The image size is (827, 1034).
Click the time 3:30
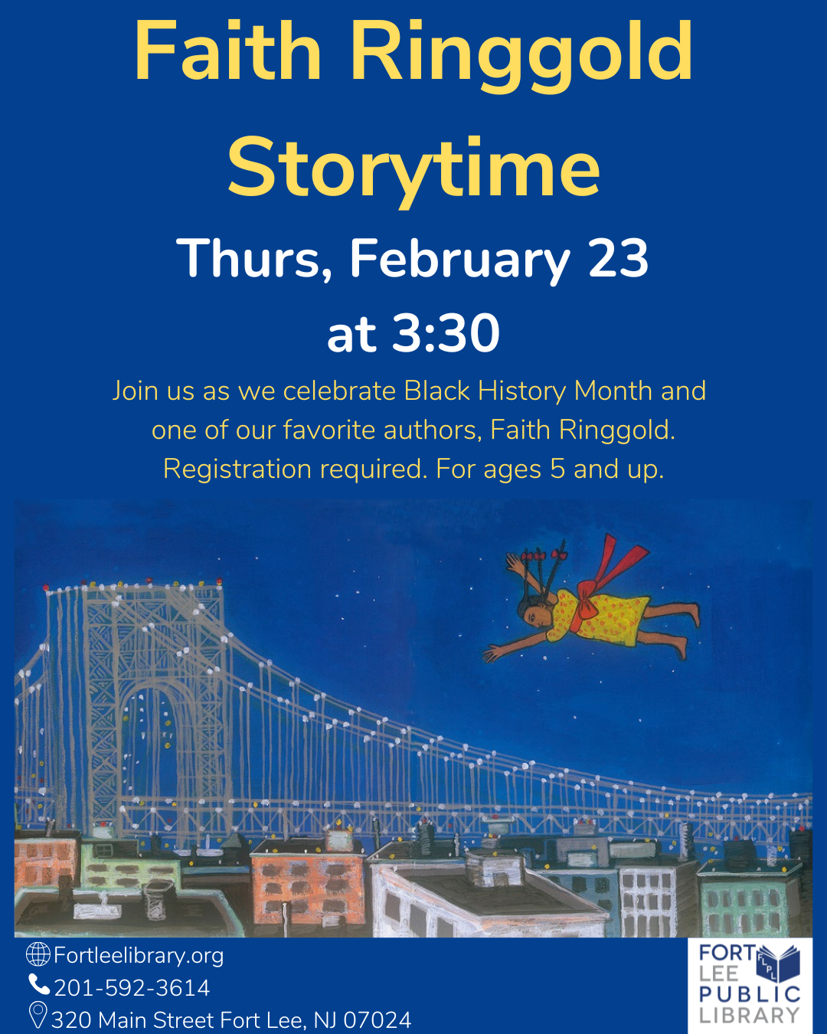click(446, 332)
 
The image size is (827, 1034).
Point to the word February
click(460, 260)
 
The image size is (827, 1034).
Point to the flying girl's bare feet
click(687, 630)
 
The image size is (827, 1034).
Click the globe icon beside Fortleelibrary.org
click(38, 954)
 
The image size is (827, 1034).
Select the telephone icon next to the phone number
click(39, 984)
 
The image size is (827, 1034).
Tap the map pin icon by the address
click(38, 1016)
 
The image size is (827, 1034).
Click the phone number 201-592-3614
click(132, 988)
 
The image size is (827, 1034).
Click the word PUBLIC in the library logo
click(749, 994)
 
